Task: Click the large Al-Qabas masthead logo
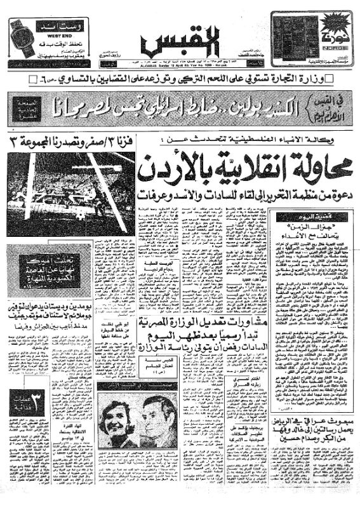tap(180, 42)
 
